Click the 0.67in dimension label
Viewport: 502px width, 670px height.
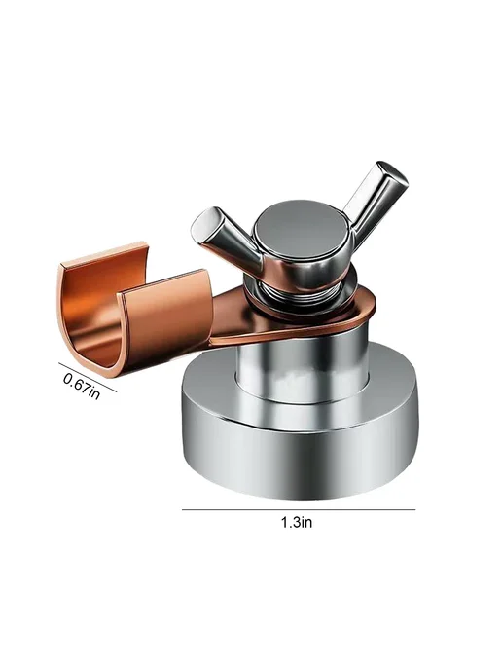[x=82, y=386]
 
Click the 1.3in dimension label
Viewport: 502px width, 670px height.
[x=297, y=522]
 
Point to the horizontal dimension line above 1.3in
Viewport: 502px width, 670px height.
[x=299, y=509]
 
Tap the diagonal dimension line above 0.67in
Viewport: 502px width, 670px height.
[x=88, y=377]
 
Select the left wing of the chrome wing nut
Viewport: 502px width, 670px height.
[x=227, y=239]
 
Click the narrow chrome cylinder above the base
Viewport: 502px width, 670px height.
[x=301, y=367]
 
